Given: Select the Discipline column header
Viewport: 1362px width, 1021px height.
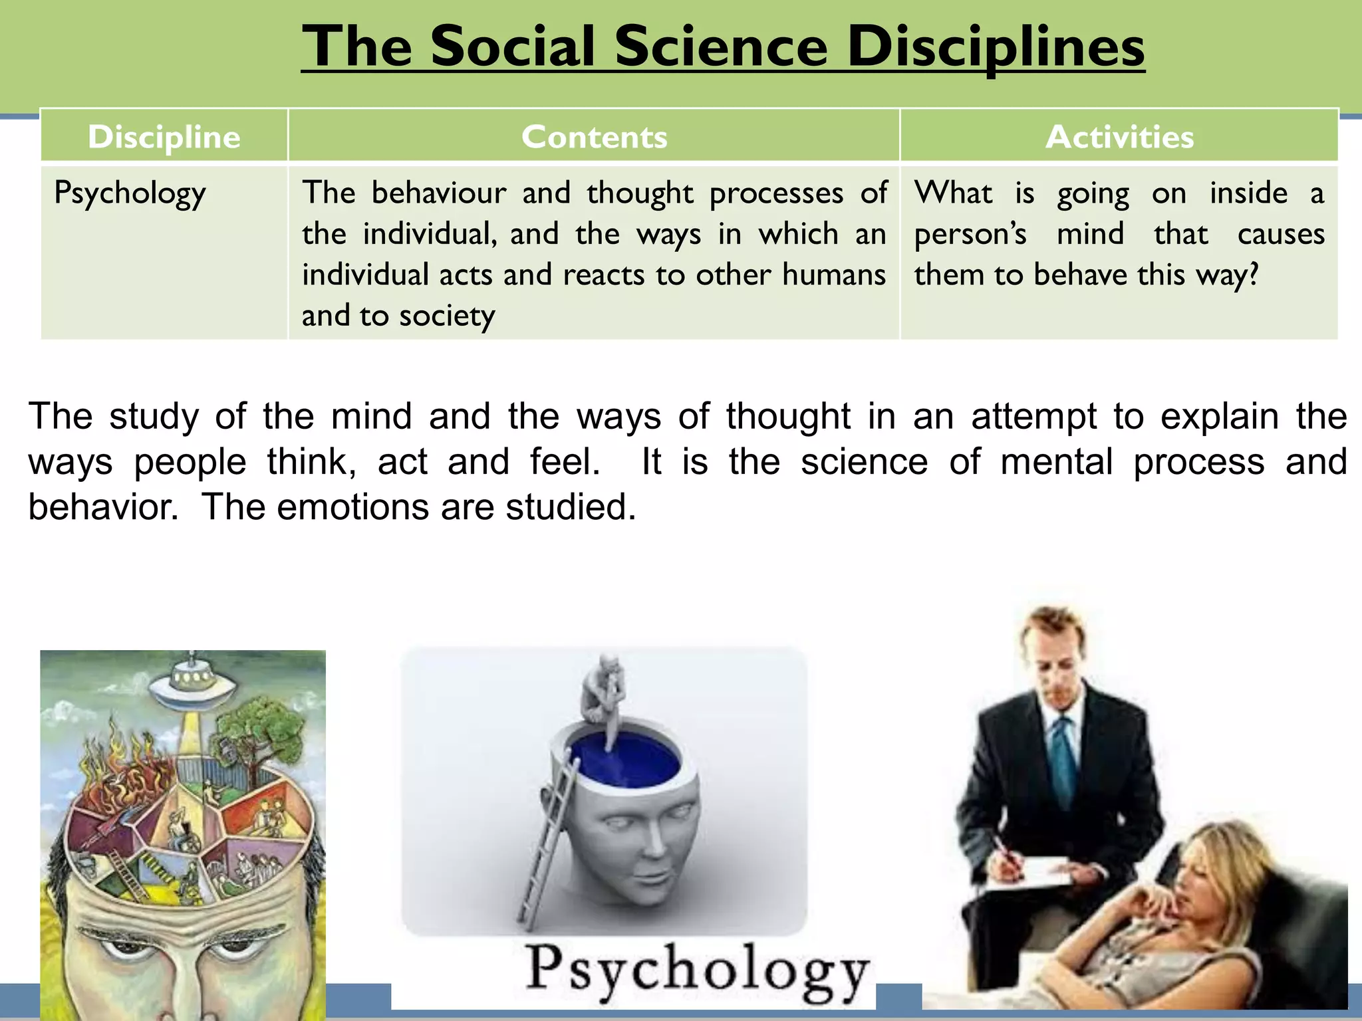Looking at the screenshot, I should [x=164, y=137].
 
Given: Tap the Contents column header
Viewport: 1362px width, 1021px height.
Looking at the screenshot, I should [x=594, y=137].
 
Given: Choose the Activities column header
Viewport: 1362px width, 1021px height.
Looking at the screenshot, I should [x=1119, y=137].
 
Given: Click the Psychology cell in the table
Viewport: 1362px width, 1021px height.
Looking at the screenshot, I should [x=130, y=194].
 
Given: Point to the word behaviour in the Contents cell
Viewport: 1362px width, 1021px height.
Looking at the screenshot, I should [x=439, y=193].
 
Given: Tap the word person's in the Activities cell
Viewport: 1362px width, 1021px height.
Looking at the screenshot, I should [x=970, y=235].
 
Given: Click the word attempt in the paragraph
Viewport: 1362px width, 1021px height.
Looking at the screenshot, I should [x=1033, y=417].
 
